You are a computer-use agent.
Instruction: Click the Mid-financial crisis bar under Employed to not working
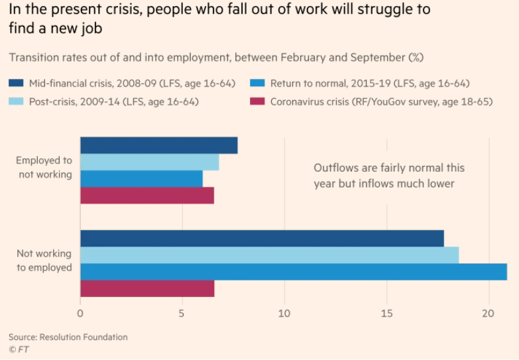coord(158,145)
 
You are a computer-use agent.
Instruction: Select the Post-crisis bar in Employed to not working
coord(149,162)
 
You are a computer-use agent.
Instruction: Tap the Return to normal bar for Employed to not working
coord(141,179)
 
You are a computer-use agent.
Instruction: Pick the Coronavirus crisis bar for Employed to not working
coord(146,196)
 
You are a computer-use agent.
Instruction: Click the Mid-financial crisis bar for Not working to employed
coord(262,239)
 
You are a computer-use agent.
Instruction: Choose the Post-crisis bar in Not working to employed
coord(269,255)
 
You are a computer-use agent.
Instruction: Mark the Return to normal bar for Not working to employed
coord(293,272)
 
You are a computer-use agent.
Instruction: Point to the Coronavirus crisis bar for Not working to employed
coord(147,288)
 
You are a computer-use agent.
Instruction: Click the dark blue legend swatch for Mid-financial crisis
coord(17,84)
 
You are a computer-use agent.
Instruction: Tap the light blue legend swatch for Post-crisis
coord(17,101)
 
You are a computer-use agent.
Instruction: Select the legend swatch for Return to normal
coord(258,84)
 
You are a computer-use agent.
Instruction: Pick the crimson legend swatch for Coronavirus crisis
coord(258,101)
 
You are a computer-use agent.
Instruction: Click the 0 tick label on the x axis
coord(80,313)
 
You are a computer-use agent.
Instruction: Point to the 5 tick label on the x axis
coord(182,313)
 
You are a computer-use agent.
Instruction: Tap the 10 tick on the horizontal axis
coord(284,313)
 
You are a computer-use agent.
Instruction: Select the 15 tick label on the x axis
coord(386,313)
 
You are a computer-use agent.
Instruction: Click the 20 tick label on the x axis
coord(489,313)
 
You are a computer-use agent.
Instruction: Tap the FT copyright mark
coord(19,349)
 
